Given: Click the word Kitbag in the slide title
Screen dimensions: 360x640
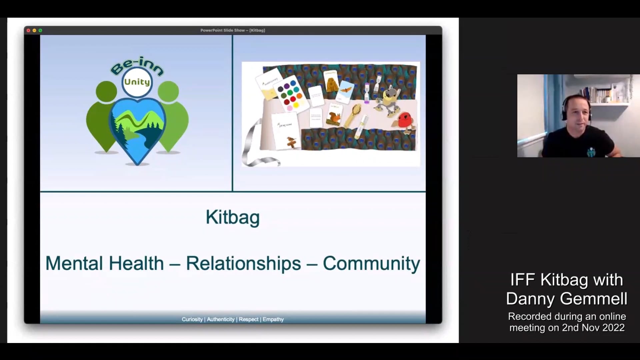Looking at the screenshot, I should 232,217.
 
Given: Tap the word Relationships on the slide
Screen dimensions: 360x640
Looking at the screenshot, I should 243,263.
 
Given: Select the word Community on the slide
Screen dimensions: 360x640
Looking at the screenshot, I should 371,263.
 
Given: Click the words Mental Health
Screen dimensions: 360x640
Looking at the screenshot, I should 104,263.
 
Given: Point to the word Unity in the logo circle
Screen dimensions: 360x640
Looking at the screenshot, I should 137,82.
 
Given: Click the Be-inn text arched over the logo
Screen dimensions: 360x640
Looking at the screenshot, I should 137,65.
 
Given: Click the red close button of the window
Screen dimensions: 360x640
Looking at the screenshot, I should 28,30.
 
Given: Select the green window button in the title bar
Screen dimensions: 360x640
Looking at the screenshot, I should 40,30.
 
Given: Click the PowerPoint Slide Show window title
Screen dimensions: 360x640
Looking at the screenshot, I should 232,30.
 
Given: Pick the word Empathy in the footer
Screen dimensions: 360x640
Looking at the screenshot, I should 273,319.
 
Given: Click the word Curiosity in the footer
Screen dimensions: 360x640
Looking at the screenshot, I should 192,319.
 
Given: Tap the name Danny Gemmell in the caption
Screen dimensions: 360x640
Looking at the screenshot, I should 566,299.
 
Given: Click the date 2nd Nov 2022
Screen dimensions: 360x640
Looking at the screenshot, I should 593,328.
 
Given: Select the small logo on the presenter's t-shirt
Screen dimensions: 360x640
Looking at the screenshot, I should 591,152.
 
